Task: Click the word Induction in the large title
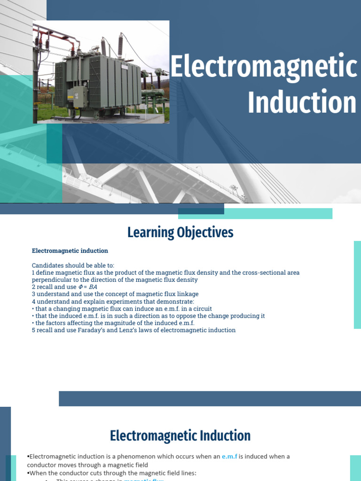point(302,103)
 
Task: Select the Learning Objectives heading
point(180,233)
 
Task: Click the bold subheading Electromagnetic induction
point(70,251)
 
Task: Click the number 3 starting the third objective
point(34,294)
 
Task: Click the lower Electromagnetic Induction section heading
point(180,436)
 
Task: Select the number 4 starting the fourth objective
point(34,302)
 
